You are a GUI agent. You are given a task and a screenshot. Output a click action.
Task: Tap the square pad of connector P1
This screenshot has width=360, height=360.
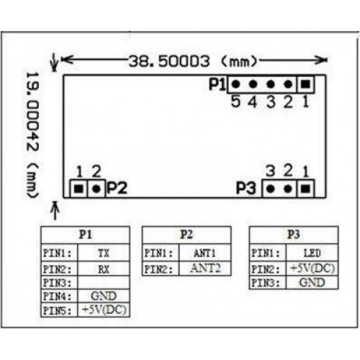(x=305, y=84)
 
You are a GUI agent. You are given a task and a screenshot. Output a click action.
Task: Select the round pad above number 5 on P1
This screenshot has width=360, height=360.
(x=235, y=84)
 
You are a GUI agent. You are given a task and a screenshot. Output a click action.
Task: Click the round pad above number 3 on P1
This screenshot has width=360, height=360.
(x=271, y=84)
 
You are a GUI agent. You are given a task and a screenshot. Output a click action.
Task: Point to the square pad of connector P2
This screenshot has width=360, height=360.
(x=78, y=189)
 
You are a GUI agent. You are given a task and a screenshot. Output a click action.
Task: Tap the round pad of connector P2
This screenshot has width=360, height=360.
(x=96, y=189)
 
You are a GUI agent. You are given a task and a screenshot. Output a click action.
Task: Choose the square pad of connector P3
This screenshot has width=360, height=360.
(x=305, y=189)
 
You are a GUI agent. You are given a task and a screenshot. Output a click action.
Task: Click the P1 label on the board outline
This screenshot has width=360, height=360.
(x=217, y=84)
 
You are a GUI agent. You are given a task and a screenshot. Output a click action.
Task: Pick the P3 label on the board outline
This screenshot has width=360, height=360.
(x=246, y=188)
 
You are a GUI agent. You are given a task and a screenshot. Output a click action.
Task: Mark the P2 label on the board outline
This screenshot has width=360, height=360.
(x=117, y=188)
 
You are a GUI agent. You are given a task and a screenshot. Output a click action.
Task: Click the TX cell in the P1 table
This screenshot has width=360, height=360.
(x=104, y=253)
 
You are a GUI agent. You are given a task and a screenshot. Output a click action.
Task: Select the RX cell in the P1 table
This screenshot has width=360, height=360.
(x=104, y=269)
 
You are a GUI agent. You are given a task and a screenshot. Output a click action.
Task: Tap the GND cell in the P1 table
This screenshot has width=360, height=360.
(x=104, y=296)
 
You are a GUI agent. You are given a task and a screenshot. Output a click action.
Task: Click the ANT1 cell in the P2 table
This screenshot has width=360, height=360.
(x=205, y=253)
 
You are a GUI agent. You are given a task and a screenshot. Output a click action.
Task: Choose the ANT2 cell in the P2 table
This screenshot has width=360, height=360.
(x=205, y=269)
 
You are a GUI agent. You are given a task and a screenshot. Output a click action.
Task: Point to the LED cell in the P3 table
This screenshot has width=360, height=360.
(x=312, y=253)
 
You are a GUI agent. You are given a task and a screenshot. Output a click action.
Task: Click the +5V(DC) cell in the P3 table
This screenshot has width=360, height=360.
(x=312, y=269)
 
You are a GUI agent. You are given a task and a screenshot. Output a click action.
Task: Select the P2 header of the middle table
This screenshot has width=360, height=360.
(x=186, y=235)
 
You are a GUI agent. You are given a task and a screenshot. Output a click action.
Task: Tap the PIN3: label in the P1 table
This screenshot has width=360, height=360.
(x=58, y=283)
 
